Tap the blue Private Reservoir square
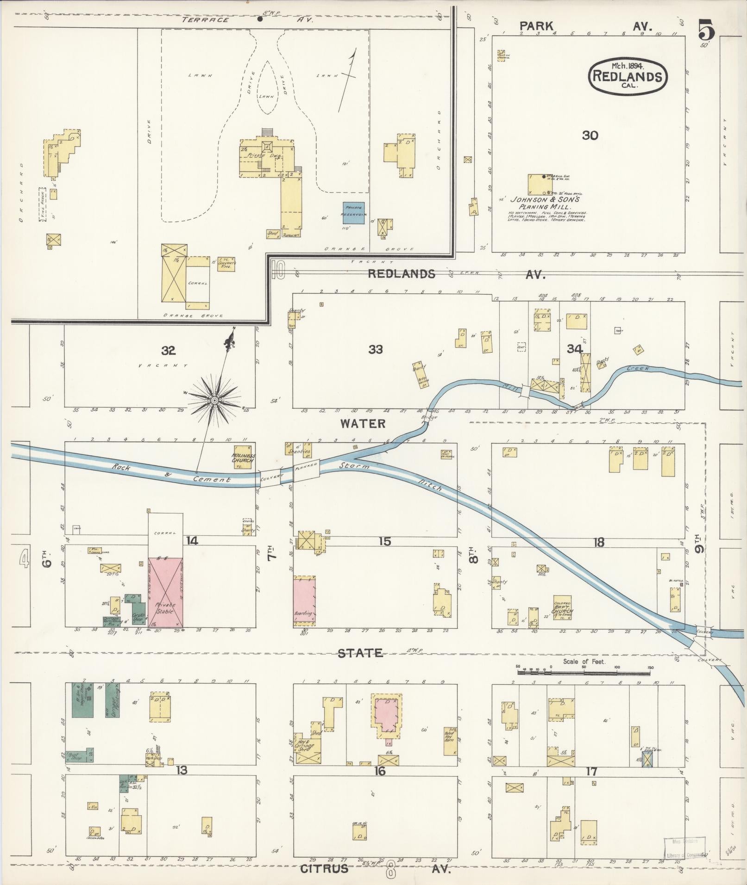pos(353,213)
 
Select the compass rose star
pos(215,400)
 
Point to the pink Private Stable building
pos(165,593)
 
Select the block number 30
pos(590,136)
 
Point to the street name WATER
pos(363,423)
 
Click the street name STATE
pos(360,653)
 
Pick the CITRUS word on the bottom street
pos(324,868)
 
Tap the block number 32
pos(169,350)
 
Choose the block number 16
pos(379,771)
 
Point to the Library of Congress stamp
pos(685,848)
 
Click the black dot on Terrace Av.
pos(260,19)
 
